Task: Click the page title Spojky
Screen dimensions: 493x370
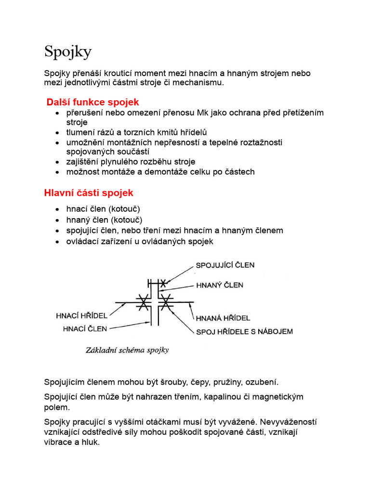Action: click(x=67, y=52)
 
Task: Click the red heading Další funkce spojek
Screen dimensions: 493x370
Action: click(x=92, y=102)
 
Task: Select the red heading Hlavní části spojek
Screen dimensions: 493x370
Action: click(x=89, y=193)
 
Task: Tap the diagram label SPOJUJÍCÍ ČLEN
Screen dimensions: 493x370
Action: click(x=225, y=265)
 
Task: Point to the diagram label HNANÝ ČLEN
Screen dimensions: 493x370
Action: click(x=219, y=285)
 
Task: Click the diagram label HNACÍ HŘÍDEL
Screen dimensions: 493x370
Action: click(x=82, y=316)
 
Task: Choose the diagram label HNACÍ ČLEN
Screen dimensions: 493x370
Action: click(x=85, y=329)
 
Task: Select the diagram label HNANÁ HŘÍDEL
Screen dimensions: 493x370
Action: click(x=223, y=318)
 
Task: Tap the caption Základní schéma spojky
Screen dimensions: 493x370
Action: click(x=127, y=350)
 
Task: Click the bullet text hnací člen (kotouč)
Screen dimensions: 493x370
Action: click(x=103, y=209)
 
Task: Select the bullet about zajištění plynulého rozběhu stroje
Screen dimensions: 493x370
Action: click(x=131, y=162)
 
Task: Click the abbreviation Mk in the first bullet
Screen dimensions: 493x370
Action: click(x=203, y=113)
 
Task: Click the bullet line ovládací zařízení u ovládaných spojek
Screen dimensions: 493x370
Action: click(x=140, y=241)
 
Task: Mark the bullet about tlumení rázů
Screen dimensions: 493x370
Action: click(x=137, y=132)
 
